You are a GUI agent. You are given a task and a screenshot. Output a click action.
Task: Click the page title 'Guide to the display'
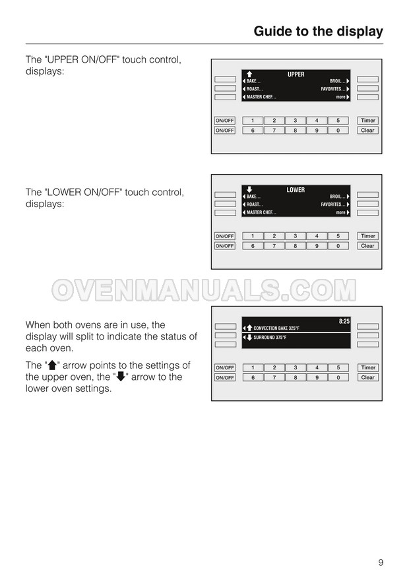[318, 32]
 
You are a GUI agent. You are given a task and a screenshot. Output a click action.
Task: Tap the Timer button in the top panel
[368, 121]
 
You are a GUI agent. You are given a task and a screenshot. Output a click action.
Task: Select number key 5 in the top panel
[338, 121]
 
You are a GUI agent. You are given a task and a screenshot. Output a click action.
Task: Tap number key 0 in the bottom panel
[338, 377]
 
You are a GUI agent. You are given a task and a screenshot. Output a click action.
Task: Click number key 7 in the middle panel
[274, 246]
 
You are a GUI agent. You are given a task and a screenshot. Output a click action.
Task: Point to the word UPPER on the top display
[296, 75]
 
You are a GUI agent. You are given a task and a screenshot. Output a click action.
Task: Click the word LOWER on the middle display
[296, 190]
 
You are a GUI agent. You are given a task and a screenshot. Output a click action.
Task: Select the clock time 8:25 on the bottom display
[344, 321]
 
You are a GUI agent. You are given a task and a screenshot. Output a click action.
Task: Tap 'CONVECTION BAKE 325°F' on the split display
[276, 328]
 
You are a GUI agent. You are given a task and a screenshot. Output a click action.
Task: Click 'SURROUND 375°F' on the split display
[270, 338]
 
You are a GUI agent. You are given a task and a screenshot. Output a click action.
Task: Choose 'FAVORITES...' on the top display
[333, 89]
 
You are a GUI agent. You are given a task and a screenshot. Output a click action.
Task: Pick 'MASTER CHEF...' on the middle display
[261, 213]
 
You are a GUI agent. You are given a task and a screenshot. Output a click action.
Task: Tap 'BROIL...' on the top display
[338, 81]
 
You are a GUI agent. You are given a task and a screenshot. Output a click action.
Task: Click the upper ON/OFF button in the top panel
[225, 121]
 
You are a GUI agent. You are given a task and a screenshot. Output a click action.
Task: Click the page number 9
[381, 563]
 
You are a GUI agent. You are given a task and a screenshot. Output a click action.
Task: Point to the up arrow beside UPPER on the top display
[249, 75]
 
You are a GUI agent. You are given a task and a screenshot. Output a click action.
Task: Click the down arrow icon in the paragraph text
[121, 377]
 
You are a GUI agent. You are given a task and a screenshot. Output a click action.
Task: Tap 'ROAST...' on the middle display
[255, 204]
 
